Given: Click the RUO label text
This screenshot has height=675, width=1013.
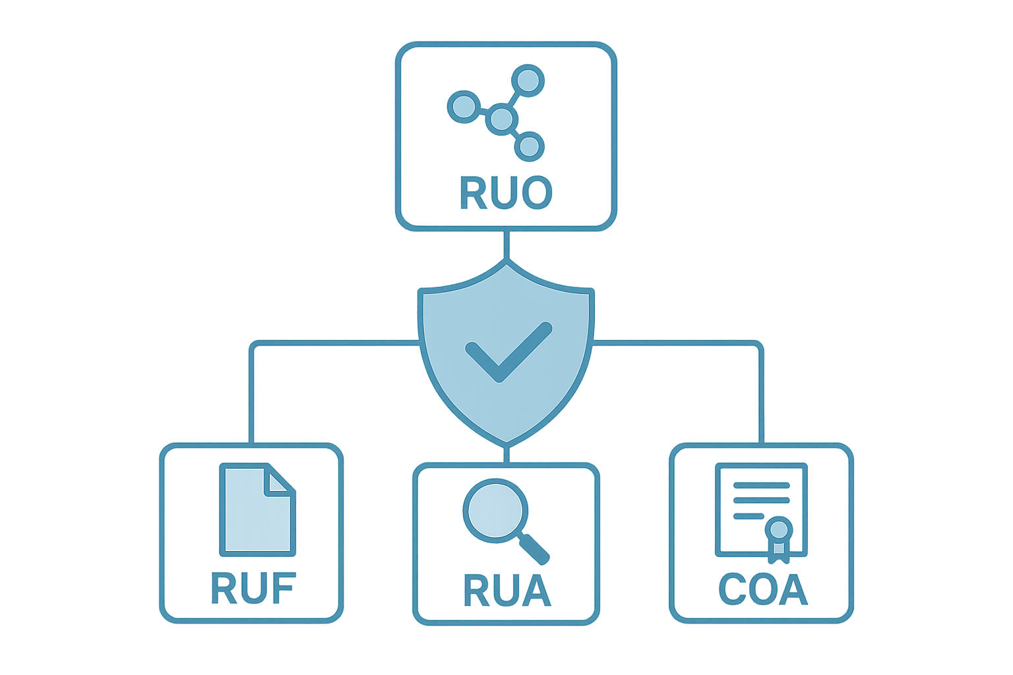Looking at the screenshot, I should point(505,192).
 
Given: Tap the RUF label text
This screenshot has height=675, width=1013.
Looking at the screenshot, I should point(253,588).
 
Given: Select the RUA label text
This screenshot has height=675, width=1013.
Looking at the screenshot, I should point(506,590).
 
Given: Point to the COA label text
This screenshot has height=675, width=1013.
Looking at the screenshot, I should point(762,589).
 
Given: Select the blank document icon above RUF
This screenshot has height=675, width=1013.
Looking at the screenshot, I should point(257,509).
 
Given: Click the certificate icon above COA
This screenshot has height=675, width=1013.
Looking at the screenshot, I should point(761,511).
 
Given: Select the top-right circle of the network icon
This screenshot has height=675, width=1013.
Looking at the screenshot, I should point(528,80).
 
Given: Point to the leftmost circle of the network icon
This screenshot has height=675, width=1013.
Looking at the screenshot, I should point(461,105).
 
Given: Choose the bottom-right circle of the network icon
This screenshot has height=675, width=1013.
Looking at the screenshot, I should point(529,146).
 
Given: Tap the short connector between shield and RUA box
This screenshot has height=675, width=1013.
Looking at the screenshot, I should point(506,454).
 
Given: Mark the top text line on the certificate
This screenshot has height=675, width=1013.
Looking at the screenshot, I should point(761,485).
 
